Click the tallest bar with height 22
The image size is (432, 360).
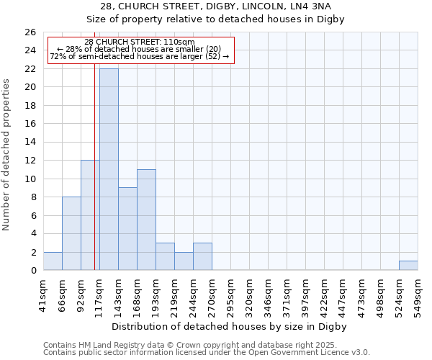point(109,169)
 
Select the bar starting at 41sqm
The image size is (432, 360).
point(53,261)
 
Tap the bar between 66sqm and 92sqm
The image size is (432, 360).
point(71,233)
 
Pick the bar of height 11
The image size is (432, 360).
point(146,220)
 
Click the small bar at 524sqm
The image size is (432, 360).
point(408,266)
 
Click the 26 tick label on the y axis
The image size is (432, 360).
point(30,32)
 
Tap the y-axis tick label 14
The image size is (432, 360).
point(30,143)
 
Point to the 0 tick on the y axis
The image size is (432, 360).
point(32,271)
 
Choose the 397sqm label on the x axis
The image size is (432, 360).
point(305,294)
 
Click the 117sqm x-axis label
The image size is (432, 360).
point(100,294)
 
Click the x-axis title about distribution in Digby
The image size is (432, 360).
point(230,326)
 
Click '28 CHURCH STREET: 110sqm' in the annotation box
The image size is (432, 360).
point(140,42)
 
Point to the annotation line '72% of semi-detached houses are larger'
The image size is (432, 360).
point(140,56)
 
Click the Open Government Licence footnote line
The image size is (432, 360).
point(207,352)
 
